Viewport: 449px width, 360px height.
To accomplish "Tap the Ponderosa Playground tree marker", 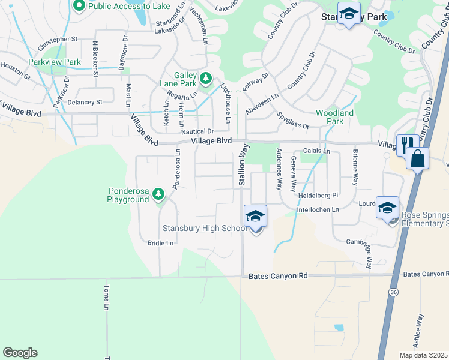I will (x=158, y=194).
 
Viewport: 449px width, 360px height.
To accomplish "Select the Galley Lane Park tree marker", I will (x=206, y=78).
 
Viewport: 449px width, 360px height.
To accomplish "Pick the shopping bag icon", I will (x=417, y=159).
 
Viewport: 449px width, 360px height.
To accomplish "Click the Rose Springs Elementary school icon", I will (x=387, y=208).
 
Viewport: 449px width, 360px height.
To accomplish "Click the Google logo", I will (x=20, y=353).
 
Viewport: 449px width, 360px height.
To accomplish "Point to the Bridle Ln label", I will (x=160, y=243).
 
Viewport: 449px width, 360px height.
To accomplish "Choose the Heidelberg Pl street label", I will (x=318, y=195).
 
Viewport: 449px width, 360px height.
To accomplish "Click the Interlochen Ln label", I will (x=318, y=210).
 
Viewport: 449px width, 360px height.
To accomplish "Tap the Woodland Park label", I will (x=334, y=117).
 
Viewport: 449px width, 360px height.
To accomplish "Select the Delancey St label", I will (x=85, y=102).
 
